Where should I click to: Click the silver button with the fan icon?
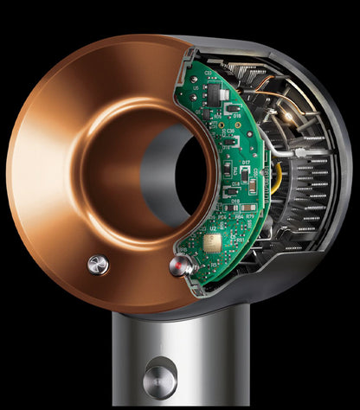coord(99,264)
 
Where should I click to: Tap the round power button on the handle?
coord(159,375)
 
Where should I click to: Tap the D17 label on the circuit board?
coord(246,163)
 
